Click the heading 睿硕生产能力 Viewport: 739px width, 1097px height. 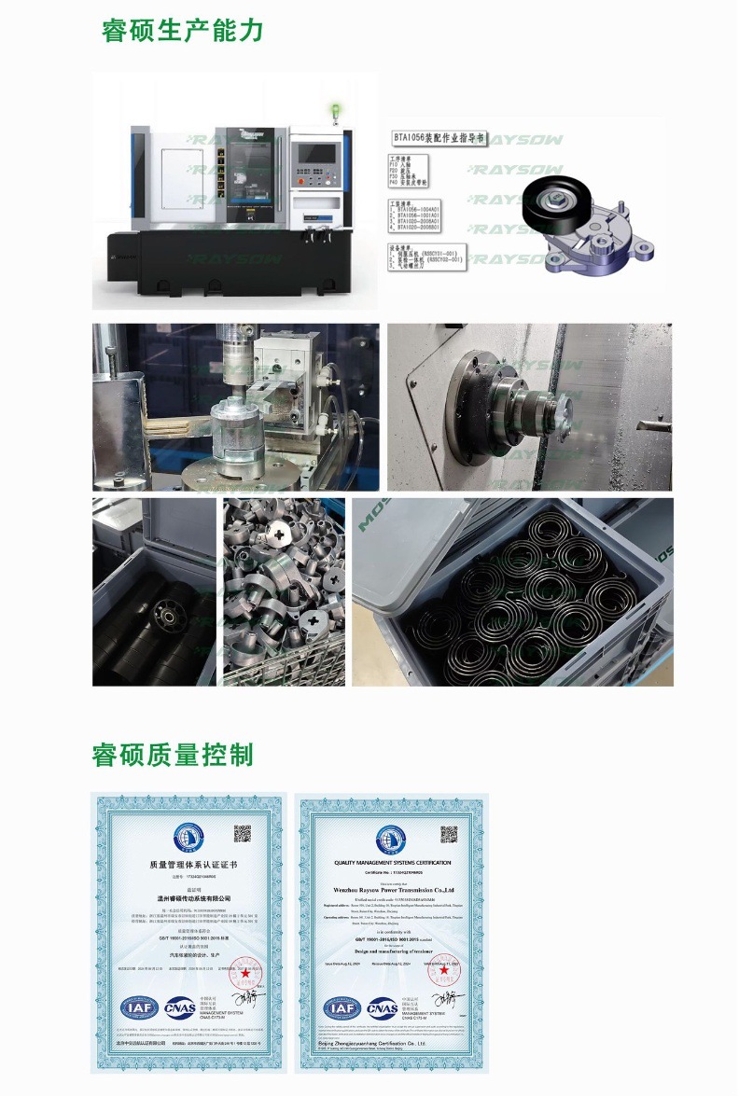(x=183, y=30)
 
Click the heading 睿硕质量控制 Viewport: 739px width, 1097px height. (x=173, y=754)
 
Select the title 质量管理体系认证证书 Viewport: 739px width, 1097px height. (x=193, y=866)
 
